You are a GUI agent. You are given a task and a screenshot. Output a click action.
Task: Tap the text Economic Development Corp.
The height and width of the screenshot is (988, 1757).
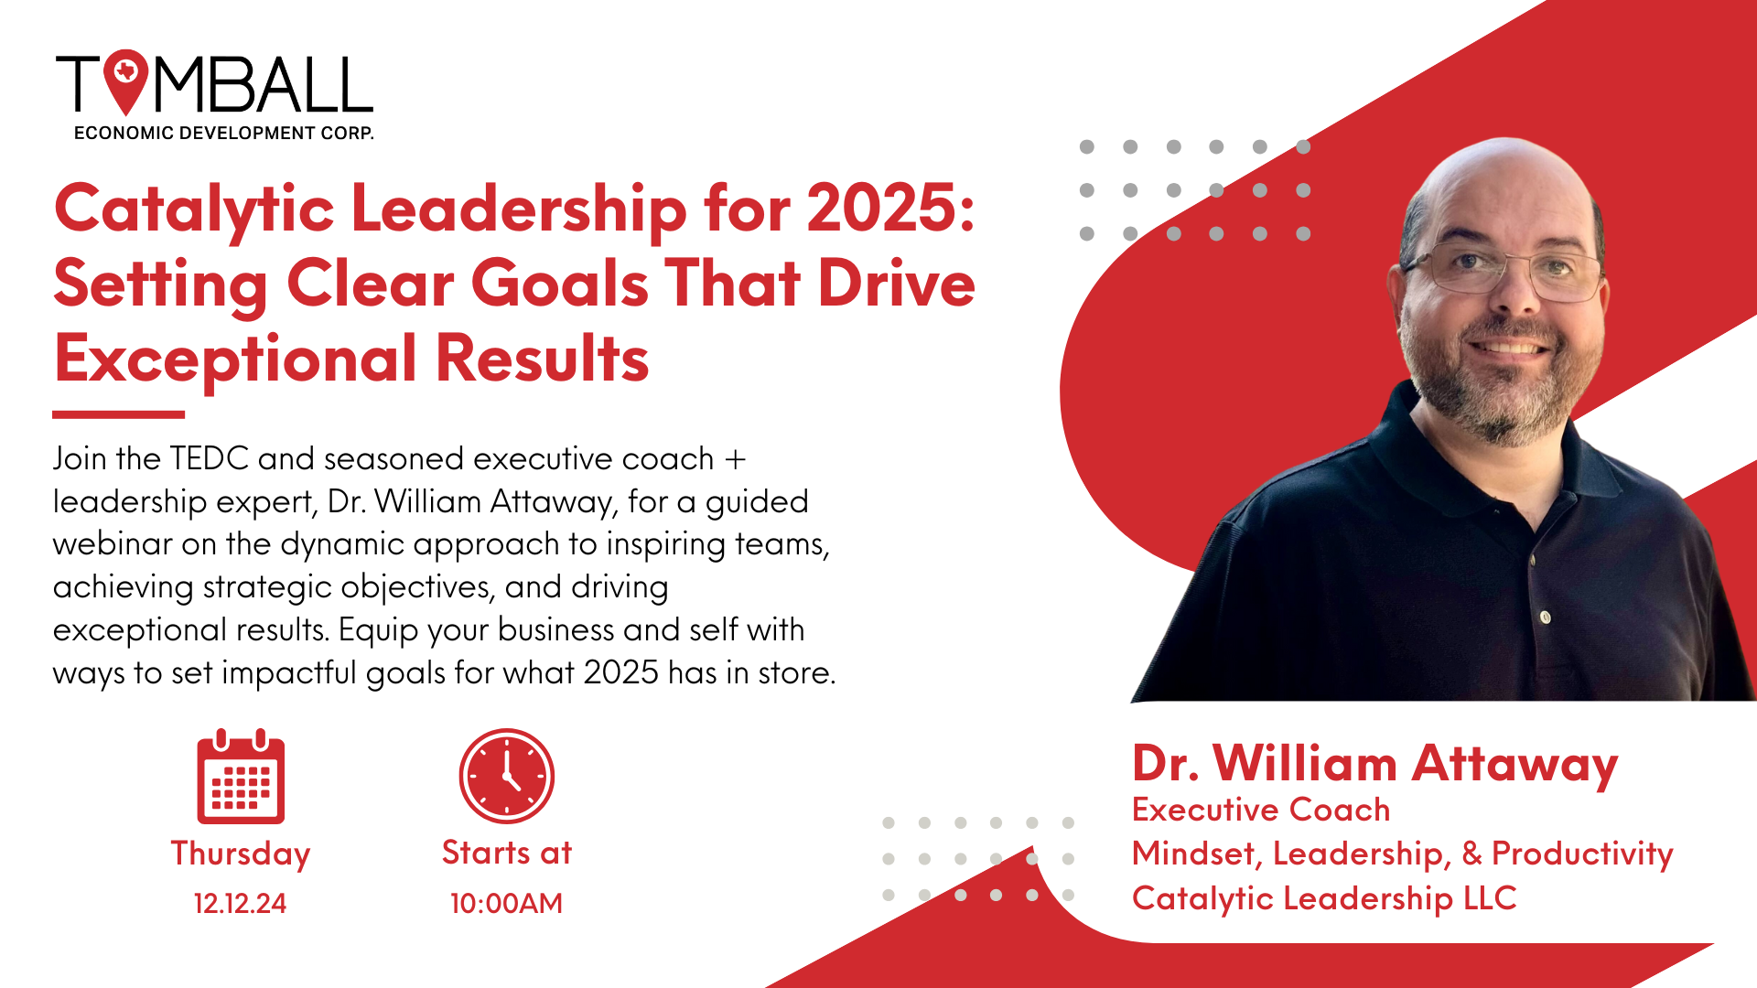(224, 134)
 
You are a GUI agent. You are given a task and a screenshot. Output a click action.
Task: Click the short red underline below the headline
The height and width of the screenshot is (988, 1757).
(119, 414)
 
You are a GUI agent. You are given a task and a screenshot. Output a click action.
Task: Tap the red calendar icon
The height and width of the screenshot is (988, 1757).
(241, 778)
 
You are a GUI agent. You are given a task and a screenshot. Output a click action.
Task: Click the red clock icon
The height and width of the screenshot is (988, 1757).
(506, 776)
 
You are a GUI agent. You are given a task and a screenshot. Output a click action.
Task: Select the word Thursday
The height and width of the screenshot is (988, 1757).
(241, 854)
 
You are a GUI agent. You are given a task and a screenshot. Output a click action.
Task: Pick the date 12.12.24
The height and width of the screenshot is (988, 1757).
(241, 904)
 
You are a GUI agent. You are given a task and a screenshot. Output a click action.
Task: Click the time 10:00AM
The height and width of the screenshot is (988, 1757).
(506, 904)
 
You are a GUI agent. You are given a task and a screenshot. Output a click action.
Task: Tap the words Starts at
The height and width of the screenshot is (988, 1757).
(506, 853)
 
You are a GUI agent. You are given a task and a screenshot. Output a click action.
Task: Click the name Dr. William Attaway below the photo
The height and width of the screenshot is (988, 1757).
(1374, 765)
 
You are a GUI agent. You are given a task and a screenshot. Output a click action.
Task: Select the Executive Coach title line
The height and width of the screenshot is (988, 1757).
(1261, 811)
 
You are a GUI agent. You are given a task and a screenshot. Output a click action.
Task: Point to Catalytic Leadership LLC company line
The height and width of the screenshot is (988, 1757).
(1324, 898)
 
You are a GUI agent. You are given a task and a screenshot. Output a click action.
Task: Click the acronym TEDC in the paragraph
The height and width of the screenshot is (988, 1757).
(210, 458)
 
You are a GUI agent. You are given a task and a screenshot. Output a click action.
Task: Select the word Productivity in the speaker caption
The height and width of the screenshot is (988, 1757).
(1582, 854)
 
